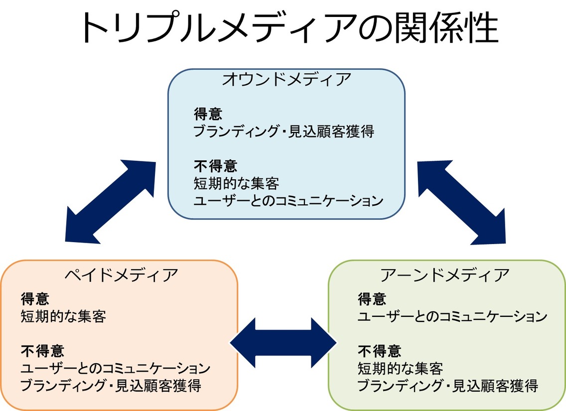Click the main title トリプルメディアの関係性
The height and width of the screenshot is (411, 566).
coord(290,28)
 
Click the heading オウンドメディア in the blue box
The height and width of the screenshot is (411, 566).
coord(286,79)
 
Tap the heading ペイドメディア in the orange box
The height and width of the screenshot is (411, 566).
coord(121,275)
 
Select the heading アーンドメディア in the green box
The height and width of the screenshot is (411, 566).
coord(445,275)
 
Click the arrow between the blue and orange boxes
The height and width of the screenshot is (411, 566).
coord(111,202)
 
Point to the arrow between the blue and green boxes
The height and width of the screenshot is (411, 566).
coord(462,202)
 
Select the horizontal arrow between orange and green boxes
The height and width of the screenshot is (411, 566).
coord(283,343)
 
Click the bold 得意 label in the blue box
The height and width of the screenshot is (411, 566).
coord(208,114)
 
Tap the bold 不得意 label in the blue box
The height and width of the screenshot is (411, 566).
coord(216,166)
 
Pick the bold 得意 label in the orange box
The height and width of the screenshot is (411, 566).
coord(35,299)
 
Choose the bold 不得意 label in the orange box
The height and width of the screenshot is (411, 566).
coord(42,351)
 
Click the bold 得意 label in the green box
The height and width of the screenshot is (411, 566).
coord(372,299)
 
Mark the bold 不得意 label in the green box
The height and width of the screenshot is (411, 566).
coord(379,351)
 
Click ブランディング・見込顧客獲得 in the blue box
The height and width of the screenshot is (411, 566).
coord(284,132)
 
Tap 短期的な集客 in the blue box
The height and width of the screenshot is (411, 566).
coord(237,184)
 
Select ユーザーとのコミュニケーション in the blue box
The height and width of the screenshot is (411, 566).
coord(288,201)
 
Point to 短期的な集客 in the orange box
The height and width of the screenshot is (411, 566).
coord(64,316)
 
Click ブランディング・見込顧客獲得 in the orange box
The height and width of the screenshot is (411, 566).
coord(111,386)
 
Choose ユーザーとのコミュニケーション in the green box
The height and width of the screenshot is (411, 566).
coord(452,316)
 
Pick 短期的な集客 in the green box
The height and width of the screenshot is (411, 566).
coord(400,369)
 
